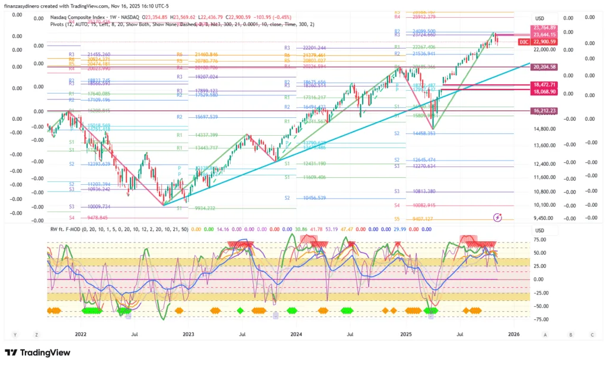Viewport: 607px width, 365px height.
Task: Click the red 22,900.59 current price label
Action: [x=544, y=42]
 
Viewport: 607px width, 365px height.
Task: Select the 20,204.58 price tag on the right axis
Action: [x=544, y=68]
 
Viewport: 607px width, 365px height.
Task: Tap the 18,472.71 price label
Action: [x=544, y=85]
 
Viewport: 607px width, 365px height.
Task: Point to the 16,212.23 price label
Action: [x=544, y=110]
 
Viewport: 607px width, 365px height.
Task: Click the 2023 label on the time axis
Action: [x=189, y=335]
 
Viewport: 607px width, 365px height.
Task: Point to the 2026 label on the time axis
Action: [x=513, y=335]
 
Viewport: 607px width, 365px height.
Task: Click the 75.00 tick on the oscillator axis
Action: [x=539, y=240]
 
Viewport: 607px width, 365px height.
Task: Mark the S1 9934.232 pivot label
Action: [x=197, y=209]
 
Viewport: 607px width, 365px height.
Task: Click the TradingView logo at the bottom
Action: [x=37, y=353]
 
